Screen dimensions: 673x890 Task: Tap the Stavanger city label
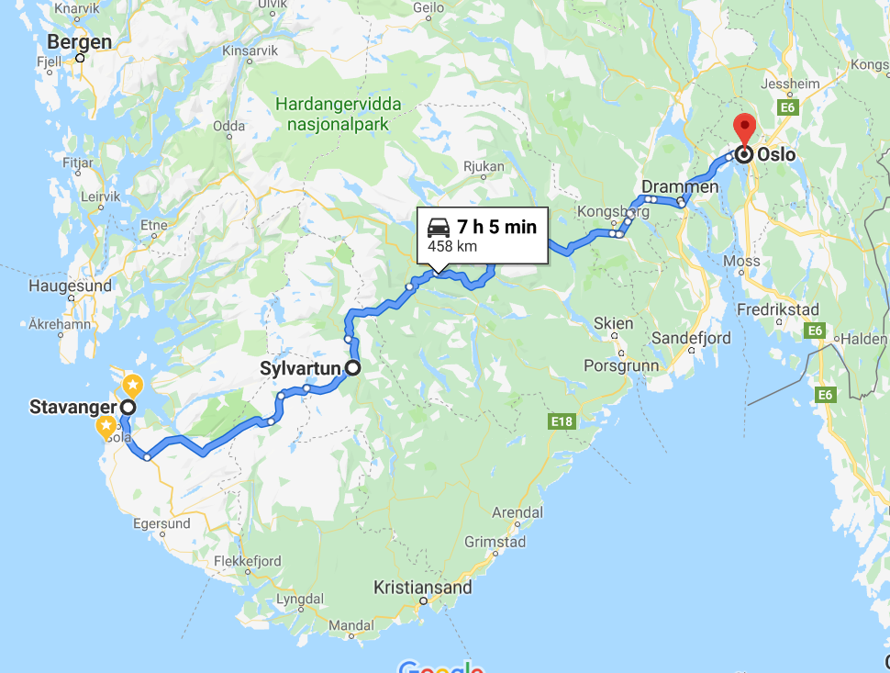pyautogui.click(x=73, y=407)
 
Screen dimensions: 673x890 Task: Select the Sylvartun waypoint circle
pyautogui.click(x=351, y=369)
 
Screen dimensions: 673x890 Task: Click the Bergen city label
pyautogui.click(x=80, y=42)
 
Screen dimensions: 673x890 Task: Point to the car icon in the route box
pyautogui.click(x=439, y=227)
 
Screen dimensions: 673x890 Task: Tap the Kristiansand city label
pyautogui.click(x=423, y=587)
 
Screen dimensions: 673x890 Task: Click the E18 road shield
pyautogui.click(x=562, y=421)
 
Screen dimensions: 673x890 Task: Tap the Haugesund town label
pyautogui.click(x=70, y=286)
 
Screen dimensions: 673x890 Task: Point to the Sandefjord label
pyautogui.click(x=691, y=339)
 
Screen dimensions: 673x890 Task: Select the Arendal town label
pyautogui.click(x=517, y=511)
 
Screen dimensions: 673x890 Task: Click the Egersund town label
pyautogui.click(x=161, y=523)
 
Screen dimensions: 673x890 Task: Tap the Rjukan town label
pyautogui.click(x=484, y=167)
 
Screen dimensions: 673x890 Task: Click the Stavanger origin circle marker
pyautogui.click(x=128, y=407)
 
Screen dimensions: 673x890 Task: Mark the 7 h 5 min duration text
pyautogui.click(x=496, y=227)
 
